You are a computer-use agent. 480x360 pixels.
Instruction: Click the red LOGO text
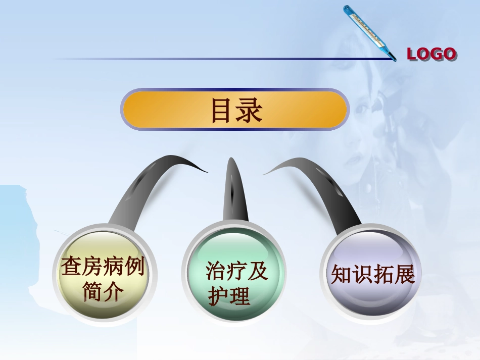tap(431, 54)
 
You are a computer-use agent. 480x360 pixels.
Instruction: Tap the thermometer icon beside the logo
tap(369, 32)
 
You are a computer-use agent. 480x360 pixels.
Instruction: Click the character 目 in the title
tap(222, 111)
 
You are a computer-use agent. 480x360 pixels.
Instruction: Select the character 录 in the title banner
tap(250, 111)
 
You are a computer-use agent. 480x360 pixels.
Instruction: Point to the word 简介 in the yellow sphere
tap(103, 291)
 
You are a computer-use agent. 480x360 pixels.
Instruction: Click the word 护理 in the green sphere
tap(229, 296)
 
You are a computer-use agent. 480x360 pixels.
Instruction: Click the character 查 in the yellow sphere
tap(71, 266)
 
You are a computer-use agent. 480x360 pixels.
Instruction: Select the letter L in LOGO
tap(412, 54)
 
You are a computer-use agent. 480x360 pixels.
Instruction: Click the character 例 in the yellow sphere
tap(134, 266)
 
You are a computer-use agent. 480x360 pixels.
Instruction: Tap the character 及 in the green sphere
tap(258, 272)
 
